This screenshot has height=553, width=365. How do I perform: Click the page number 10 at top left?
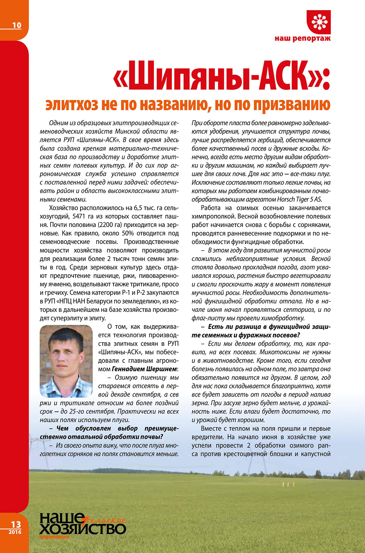[x=17, y=25]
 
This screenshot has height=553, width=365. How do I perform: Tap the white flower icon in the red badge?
[x=319, y=22]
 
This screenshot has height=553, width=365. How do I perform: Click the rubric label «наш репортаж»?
[x=303, y=38]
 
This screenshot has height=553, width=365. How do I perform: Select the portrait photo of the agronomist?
[x=66, y=361]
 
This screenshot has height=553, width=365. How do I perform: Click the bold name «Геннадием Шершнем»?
[x=144, y=369]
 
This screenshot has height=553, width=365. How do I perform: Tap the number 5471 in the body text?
[x=81, y=216]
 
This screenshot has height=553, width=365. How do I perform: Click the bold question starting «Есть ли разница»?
[x=261, y=331]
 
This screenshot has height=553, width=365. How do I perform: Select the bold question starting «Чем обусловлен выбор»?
[x=109, y=433]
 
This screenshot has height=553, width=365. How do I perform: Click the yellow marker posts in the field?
[x=288, y=484]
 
